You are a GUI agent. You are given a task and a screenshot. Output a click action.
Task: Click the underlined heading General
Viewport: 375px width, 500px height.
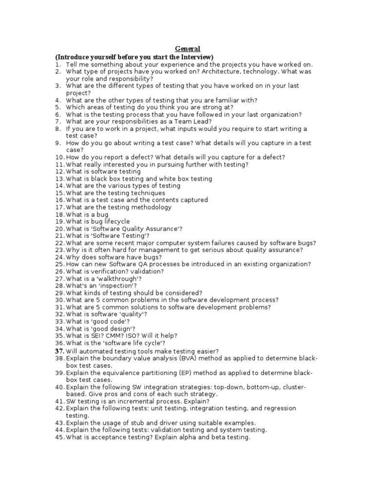click(187, 49)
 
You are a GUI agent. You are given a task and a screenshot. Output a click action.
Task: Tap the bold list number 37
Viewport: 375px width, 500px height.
click(60, 351)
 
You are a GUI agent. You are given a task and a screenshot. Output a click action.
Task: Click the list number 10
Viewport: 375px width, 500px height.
click(60, 157)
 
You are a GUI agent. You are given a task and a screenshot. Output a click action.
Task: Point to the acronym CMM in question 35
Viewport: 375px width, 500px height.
click(122, 336)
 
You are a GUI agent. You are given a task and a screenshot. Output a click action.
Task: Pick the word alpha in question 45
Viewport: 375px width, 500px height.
click(192, 437)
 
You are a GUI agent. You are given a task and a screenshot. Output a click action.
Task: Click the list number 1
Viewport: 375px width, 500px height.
click(58, 64)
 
